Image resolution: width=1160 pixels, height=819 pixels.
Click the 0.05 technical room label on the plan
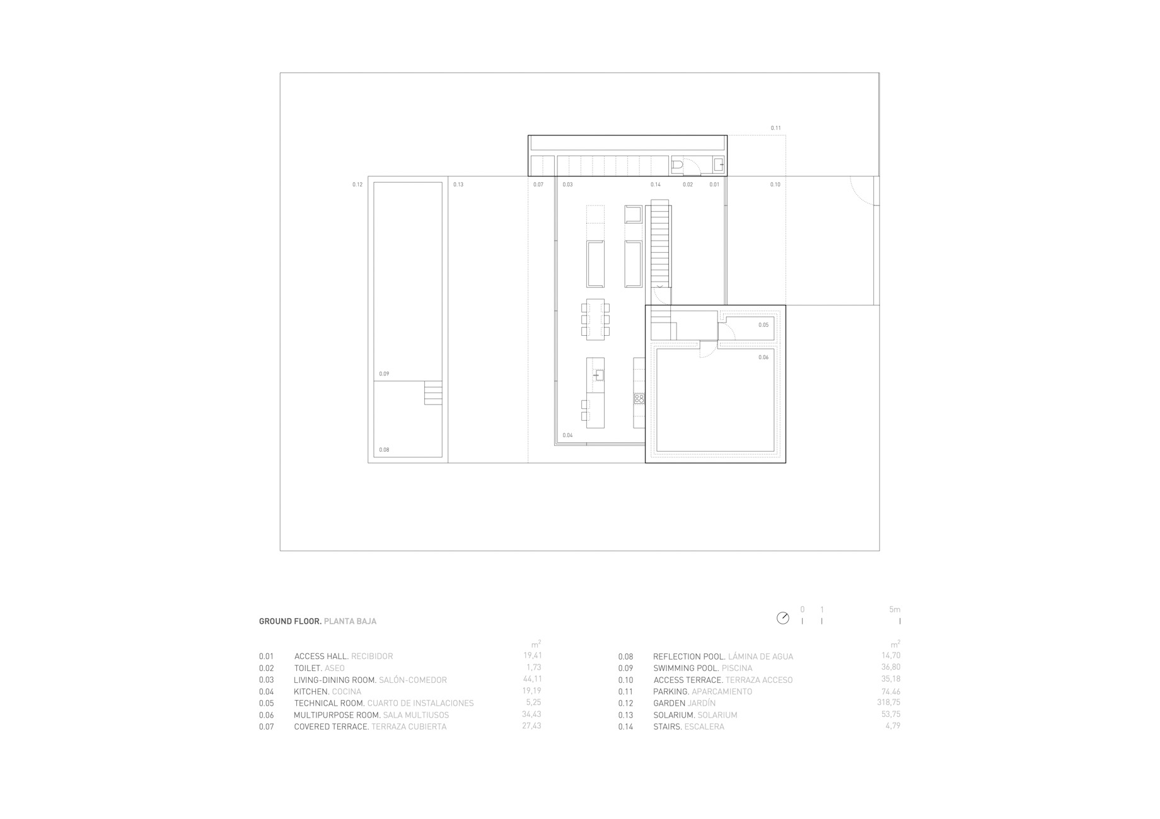[763, 325]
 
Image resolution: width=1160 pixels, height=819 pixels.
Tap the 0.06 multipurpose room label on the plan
[763, 357]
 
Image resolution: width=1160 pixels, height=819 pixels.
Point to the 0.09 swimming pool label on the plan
[384, 374]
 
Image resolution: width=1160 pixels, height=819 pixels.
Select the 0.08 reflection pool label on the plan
[384, 450]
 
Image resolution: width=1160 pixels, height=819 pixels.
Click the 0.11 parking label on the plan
[775, 128]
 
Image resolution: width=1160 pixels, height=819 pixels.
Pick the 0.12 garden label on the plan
[357, 185]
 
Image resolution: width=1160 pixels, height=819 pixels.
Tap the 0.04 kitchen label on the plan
[567, 435]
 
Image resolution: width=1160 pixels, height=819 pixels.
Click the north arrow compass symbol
[783, 618]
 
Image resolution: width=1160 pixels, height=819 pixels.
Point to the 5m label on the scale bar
[895, 610]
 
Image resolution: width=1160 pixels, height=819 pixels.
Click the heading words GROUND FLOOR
[290, 621]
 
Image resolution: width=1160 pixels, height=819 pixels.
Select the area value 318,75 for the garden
[888, 702]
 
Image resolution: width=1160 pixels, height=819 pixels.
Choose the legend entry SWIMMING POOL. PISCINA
[703, 668]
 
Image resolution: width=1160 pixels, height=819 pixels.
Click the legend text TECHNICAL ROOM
[329, 703]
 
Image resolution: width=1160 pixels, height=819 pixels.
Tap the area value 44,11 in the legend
[532, 679]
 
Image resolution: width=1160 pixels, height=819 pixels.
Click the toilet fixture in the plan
[677, 165]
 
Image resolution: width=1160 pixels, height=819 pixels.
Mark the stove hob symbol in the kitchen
[639, 399]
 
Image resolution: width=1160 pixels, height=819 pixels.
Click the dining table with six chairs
[595, 319]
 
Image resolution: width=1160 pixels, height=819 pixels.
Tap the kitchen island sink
[598, 375]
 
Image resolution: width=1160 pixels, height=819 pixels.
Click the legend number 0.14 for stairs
[625, 726]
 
